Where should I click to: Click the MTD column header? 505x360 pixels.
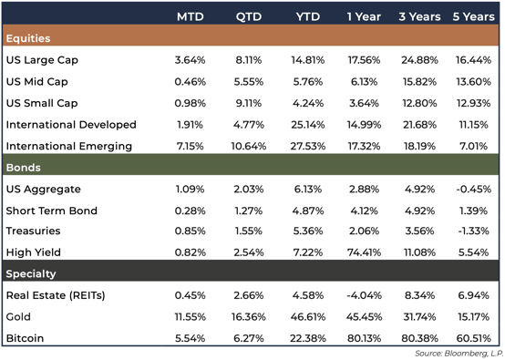click(191, 17)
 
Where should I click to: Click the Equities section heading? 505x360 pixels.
click(28, 38)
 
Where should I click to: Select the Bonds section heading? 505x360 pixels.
click(25, 168)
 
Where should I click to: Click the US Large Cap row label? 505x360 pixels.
click(42, 60)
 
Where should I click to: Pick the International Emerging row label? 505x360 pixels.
click(69, 146)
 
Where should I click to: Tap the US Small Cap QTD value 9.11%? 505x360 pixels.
click(247, 103)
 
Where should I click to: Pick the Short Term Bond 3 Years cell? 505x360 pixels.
click(417, 211)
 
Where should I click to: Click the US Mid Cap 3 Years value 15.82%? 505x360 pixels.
click(417, 81)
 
